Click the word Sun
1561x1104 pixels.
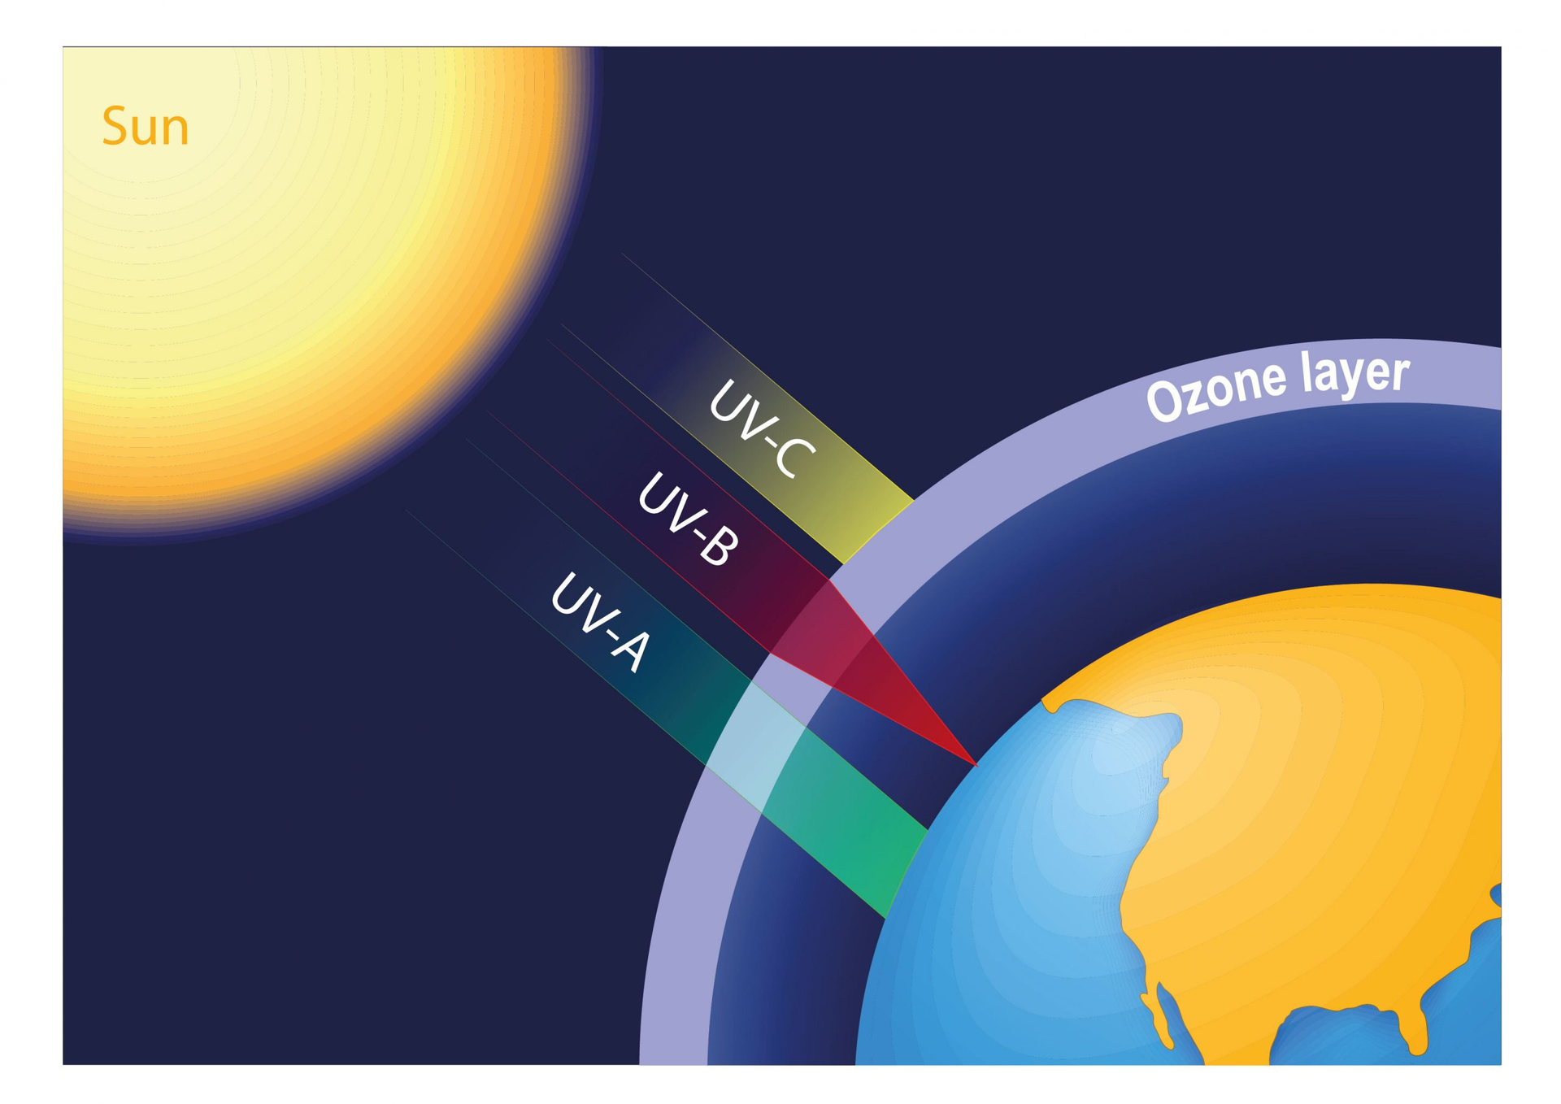(146, 127)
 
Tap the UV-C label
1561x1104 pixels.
(762, 428)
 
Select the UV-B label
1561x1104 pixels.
(689, 519)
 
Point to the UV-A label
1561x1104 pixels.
(601, 622)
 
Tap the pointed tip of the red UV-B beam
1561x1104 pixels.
(976, 765)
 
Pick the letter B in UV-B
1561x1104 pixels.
(720, 547)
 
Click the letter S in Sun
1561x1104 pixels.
(115, 127)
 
